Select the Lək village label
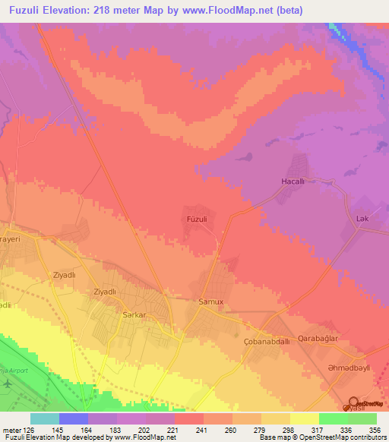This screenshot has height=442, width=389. [x=362, y=219]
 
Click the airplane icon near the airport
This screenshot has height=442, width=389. [x=8, y=384]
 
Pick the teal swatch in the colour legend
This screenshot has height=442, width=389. [x=44, y=418]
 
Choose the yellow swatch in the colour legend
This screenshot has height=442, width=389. [x=304, y=418]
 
